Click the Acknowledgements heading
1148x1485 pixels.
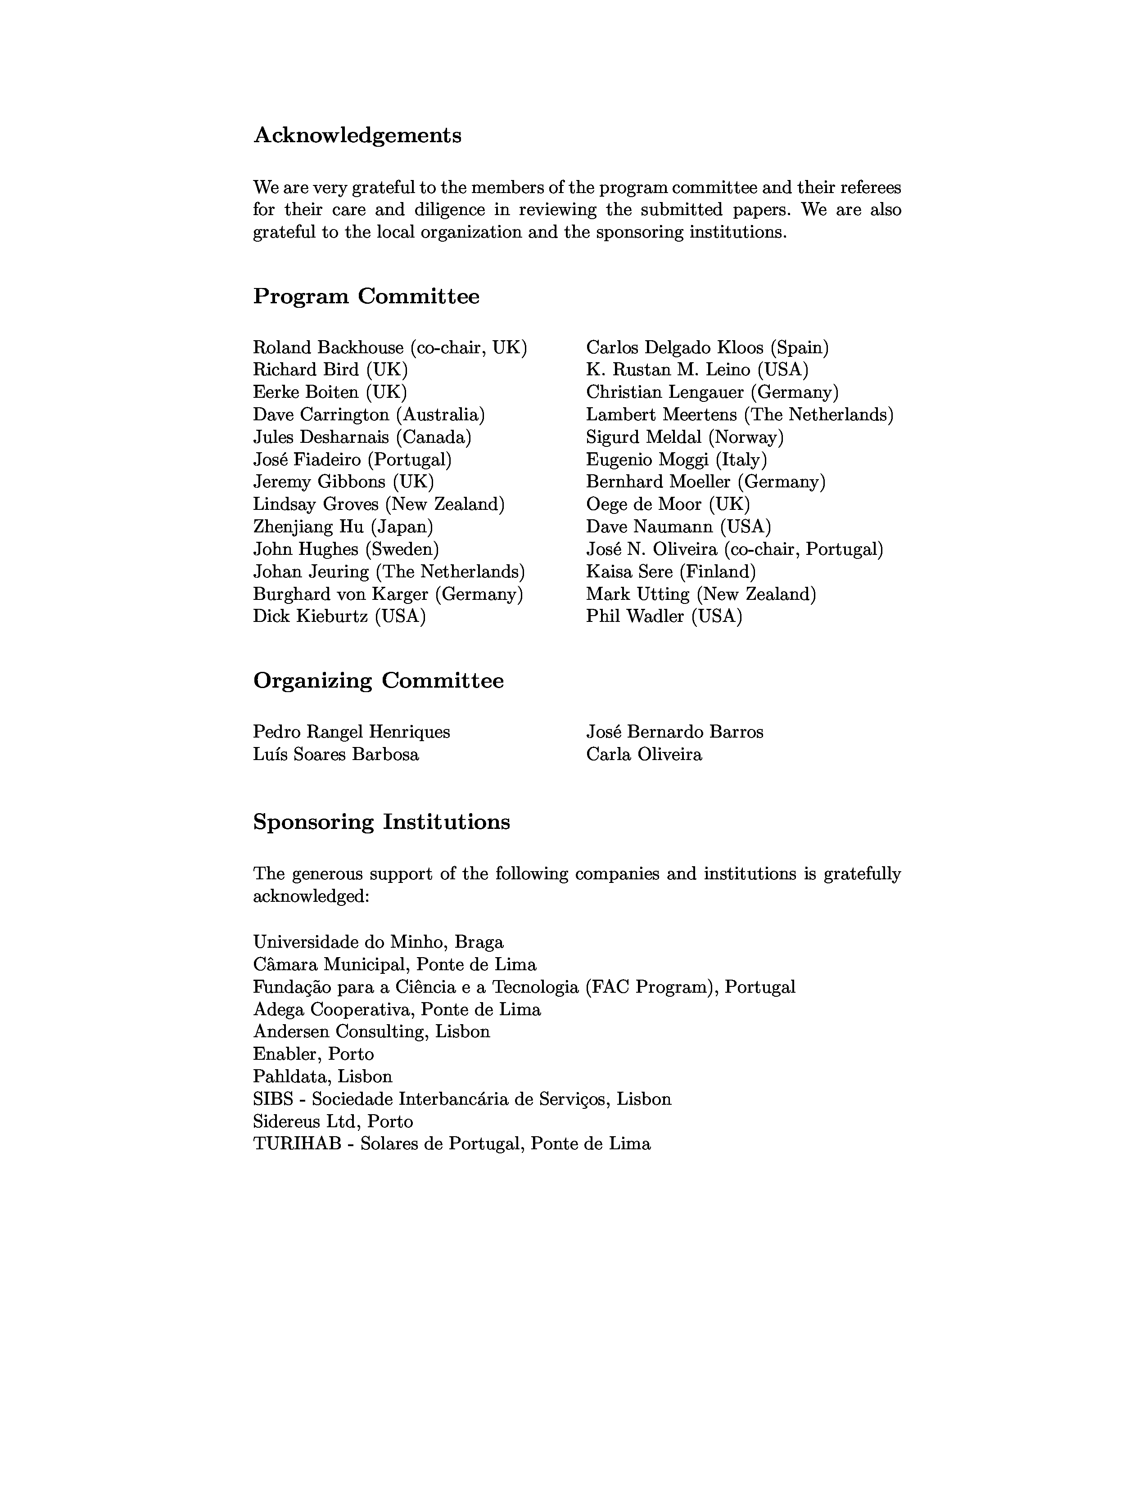tap(357, 135)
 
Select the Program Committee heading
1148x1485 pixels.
tap(366, 297)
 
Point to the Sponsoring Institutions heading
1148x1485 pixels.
tap(381, 822)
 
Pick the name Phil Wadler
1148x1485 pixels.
tap(635, 616)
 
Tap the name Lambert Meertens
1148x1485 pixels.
tap(661, 415)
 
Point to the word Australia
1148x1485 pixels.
tap(440, 415)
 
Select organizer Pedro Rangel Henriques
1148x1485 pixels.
tap(351, 732)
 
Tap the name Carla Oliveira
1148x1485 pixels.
tap(644, 755)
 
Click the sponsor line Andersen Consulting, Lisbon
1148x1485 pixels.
tap(371, 1032)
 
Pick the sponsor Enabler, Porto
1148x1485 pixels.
tap(313, 1055)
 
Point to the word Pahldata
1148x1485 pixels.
tap(289, 1077)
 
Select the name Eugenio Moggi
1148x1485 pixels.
tap(647, 459)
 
